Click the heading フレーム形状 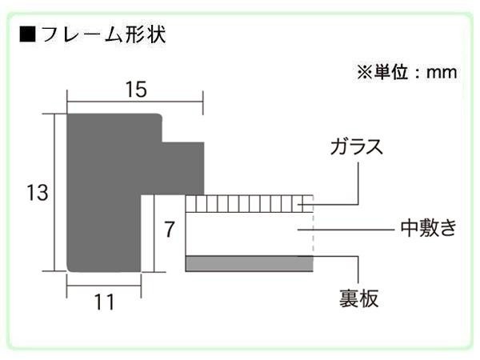[x=103, y=34]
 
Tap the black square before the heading [x=27, y=34]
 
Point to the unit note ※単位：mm [x=407, y=72]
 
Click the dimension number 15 [x=136, y=90]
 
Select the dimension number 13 [x=38, y=193]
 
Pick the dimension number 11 [x=104, y=302]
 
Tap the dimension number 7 [x=170, y=229]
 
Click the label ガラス [x=357, y=146]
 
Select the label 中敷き [x=428, y=228]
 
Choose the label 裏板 [x=358, y=298]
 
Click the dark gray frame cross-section [x=104, y=193]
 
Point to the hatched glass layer [x=249, y=203]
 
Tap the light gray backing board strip [x=249, y=263]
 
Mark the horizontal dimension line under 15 [x=135, y=101]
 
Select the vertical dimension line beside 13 [x=55, y=193]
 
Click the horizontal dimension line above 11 [x=104, y=286]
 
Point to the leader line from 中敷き [x=346, y=229]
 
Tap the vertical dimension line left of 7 [x=154, y=234]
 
